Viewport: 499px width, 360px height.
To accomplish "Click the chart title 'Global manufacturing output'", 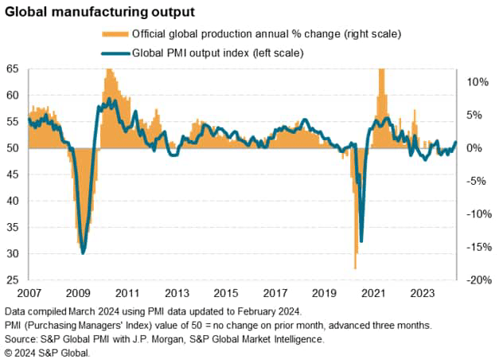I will pyautogui.click(x=96, y=13).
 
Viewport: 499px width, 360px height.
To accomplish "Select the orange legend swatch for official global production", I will pyautogui.click(x=115, y=34).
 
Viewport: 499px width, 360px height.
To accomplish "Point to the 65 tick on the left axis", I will pyautogui.click(x=13, y=68).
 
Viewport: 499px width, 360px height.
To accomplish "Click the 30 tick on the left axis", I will pyautogui.click(x=13, y=254).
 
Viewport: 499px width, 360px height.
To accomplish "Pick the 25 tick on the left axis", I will pyautogui.click(x=13, y=280).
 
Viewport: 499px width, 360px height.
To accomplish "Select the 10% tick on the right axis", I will pyautogui.click(x=478, y=82).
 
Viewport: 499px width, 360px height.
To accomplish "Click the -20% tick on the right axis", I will pyautogui.click(x=476, y=280).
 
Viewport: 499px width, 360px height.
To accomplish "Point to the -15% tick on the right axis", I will pyautogui.click(x=476, y=247).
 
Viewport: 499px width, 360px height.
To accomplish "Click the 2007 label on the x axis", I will pyautogui.click(x=29, y=293).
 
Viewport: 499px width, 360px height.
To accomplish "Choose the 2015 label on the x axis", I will pyautogui.click(x=226, y=293).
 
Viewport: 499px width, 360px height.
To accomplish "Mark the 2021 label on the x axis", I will pyautogui.click(x=374, y=293).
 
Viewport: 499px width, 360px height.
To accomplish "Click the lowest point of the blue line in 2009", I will pyautogui.click(x=84, y=253).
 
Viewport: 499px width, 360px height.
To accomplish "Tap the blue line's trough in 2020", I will pyautogui.click(x=361, y=241).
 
